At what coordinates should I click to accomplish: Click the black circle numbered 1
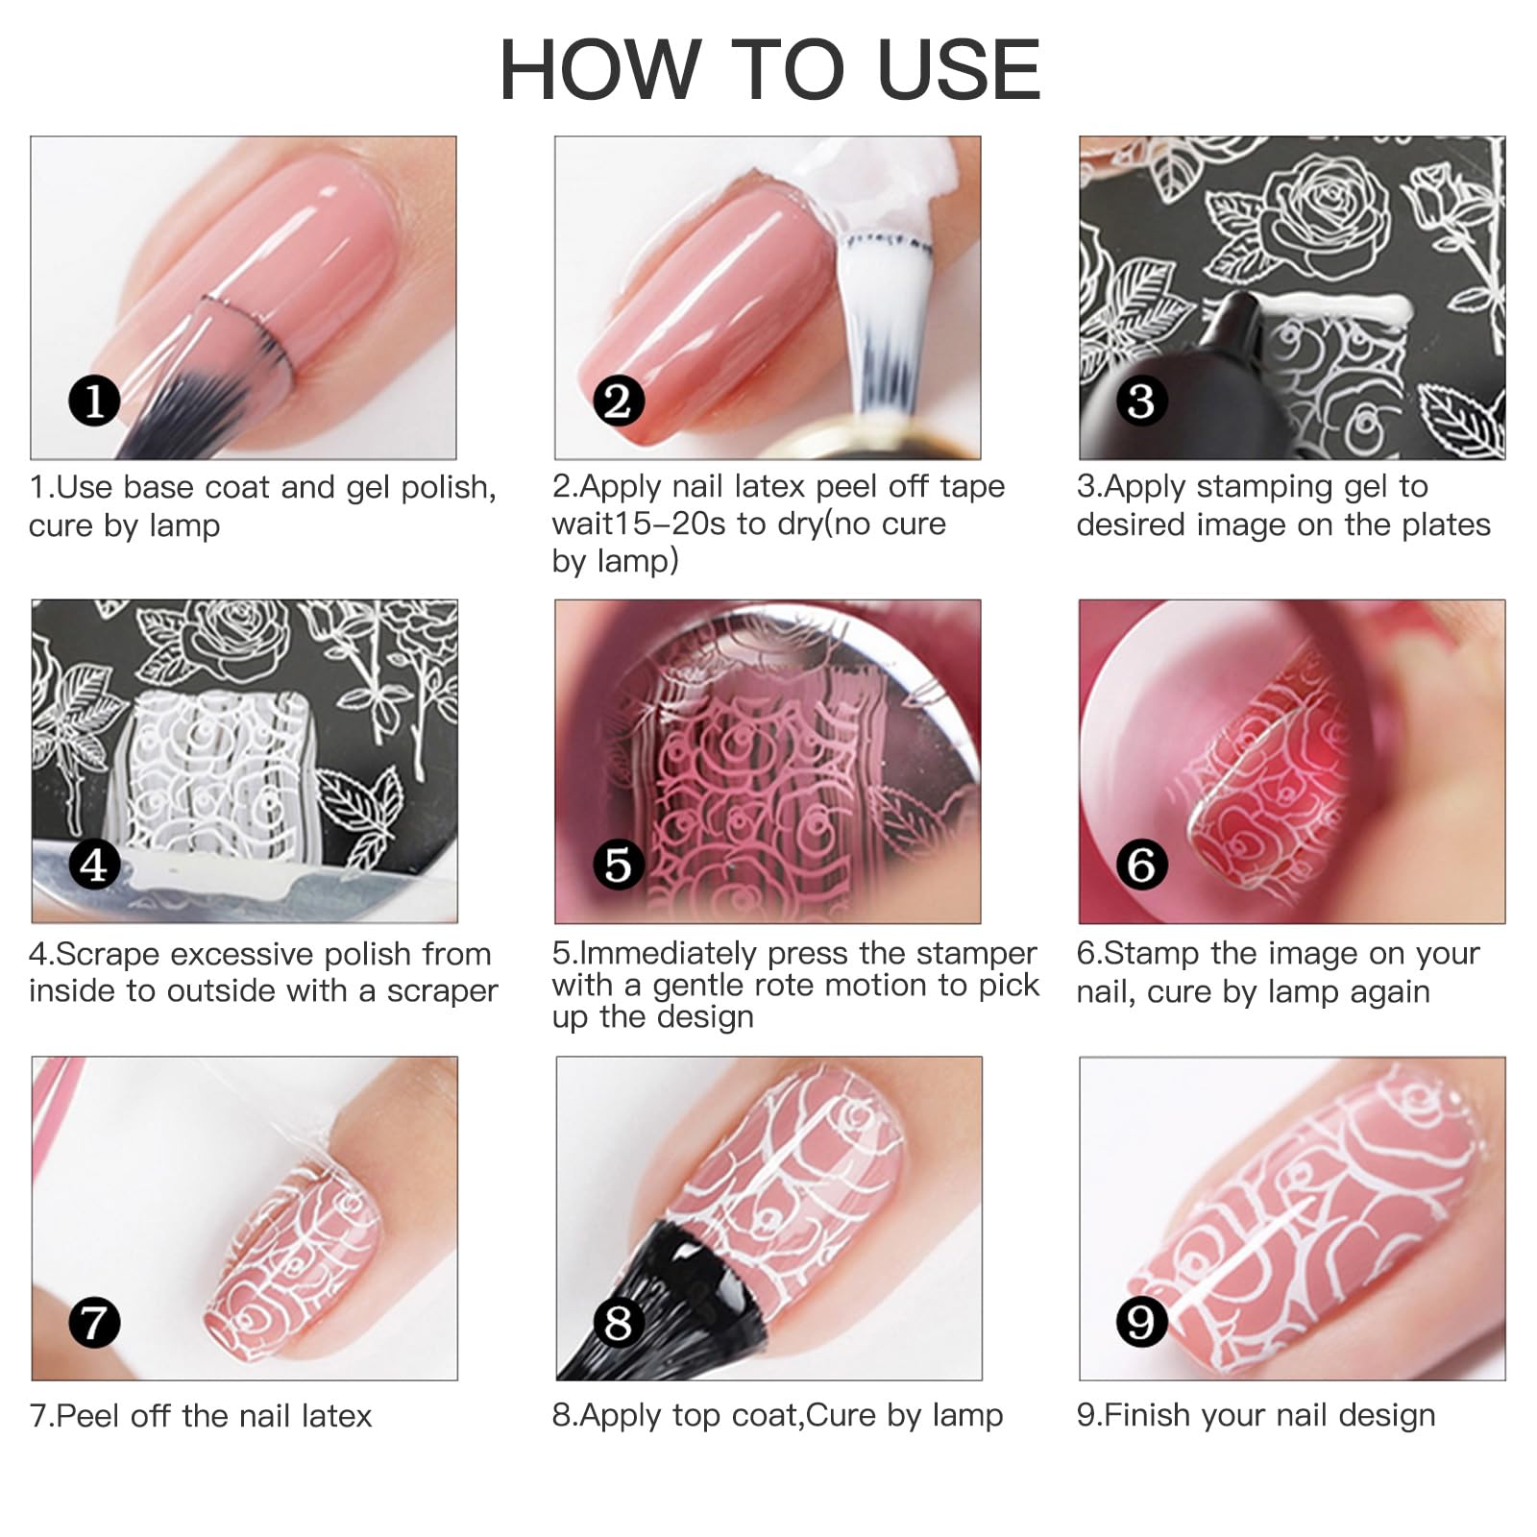click(94, 401)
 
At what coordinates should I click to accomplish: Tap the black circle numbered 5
click(618, 865)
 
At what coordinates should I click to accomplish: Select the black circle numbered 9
click(1141, 1323)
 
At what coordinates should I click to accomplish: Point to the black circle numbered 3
click(1141, 401)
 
